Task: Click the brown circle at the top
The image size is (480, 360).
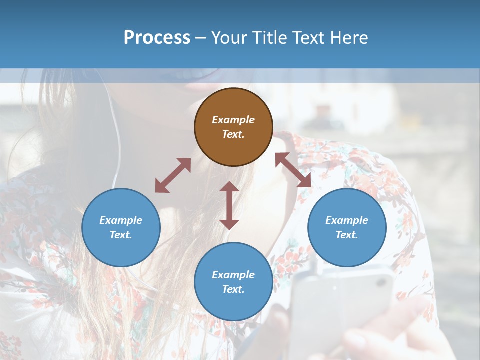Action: point(233,127)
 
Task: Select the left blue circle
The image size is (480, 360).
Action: point(121,227)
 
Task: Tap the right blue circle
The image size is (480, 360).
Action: point(347,227)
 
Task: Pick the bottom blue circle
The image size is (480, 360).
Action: point(233,281)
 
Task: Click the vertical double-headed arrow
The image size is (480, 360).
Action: point(229,205)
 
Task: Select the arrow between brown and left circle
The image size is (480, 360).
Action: point(173,175)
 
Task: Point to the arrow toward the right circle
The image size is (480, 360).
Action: point(293,170)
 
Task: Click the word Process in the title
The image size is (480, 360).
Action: point(157,37)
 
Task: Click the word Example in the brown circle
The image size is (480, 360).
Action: point(233,120)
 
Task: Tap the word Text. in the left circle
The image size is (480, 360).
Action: point(121,235)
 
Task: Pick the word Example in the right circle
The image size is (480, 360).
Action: point(347,220)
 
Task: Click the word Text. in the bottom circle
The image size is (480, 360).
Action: point(233,289)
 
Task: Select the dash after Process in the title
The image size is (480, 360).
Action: point(200,38)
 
